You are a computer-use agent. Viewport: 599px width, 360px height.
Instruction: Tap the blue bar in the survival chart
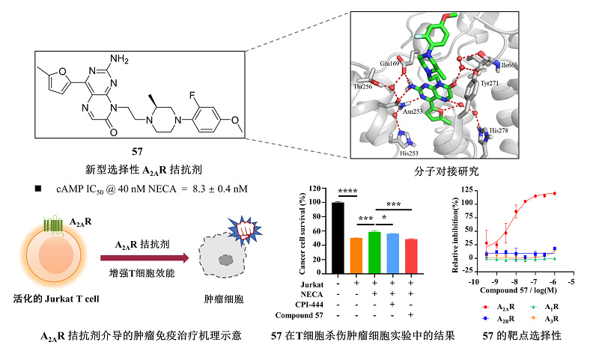pos(392,251)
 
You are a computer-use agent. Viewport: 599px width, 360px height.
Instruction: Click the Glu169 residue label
pos(390,64)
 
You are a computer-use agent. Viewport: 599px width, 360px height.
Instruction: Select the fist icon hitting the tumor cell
pos(244,228)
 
